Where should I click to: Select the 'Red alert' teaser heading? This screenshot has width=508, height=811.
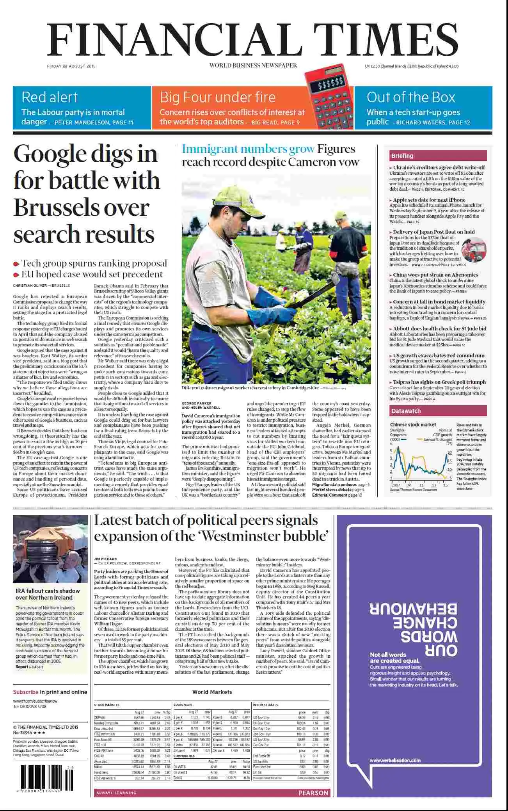[x=50, y=97]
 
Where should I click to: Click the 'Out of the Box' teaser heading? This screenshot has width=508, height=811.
[x=411, y=97]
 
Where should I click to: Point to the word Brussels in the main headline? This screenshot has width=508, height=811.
[x=82, y=207]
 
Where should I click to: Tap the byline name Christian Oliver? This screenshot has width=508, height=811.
[x=30, y=286]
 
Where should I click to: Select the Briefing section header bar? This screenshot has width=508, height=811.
[x=438, y=156]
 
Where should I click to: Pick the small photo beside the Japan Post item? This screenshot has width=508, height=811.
[x=474, y=249]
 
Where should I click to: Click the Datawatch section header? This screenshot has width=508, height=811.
[x=438, y=411]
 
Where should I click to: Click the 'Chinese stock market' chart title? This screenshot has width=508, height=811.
[x=413, y=424]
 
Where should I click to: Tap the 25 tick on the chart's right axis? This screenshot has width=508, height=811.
[x=449, y=444]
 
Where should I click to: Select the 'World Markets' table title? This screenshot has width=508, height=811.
[x=212, y=692]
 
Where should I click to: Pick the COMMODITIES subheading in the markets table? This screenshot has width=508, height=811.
[x=184, y=756]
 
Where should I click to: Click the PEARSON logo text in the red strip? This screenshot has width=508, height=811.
[x=313, y=793]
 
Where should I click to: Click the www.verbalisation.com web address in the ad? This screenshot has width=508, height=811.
[x=395, y=760]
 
